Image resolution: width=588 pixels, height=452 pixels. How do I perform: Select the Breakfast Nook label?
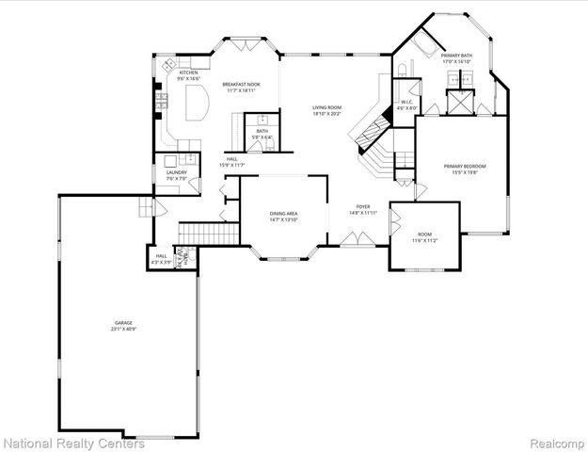(x=240, y=85)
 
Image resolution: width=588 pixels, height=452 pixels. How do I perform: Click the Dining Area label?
(x=283, y=215)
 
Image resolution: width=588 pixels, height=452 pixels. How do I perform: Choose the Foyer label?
(x=363, y=206)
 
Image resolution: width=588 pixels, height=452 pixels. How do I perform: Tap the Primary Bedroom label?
(x=461, y=167)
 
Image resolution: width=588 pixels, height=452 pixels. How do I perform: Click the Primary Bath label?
(x=460, y=56)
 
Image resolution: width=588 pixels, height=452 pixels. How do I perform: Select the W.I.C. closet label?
(x=406, y=103)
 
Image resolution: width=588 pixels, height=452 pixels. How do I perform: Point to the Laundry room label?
(x=176, y=172)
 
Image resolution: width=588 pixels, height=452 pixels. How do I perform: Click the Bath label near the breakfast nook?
(x=262, y=131)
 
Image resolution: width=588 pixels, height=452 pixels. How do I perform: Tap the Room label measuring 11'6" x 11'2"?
(x=424, y=234)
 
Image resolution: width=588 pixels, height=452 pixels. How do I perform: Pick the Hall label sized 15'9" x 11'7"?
(x=232, y=159)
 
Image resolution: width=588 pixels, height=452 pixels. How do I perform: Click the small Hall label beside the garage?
(x=161, y=255)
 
